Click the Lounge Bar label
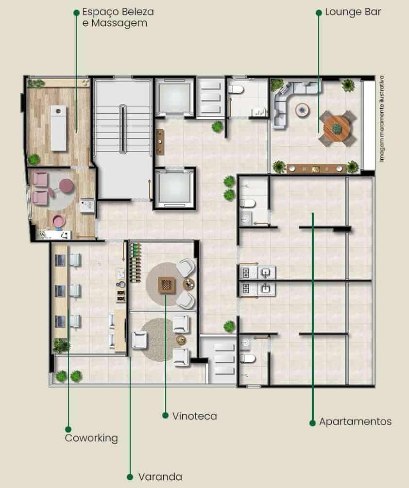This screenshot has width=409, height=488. (353, 12)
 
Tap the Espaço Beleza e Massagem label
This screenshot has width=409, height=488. (118, 17)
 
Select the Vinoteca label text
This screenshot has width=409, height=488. (194, 416)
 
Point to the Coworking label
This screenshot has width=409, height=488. (91, 438)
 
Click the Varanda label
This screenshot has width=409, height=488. (160, 476)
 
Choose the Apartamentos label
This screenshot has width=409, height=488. (355, 421)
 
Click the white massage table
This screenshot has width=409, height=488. (58, 128)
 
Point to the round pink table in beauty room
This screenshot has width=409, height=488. (67, 185)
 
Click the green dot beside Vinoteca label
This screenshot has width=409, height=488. (165, 416)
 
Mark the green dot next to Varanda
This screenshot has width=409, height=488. (130, 477)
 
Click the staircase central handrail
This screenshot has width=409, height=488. (123, 129)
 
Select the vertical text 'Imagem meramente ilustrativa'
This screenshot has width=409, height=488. (382, 118)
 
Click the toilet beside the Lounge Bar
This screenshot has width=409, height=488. (236, 89)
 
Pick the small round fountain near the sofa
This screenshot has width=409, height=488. (302, 110)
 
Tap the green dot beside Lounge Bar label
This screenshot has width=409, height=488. (319, 13)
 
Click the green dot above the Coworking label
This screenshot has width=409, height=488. (68, 430)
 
